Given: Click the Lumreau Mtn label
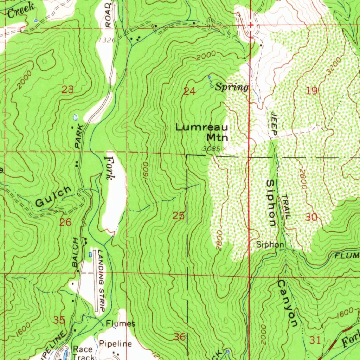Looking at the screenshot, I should (202, 132).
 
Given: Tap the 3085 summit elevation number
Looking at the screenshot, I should (211, 149).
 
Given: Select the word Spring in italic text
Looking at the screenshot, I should (232, 87).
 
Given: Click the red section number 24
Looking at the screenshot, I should (189, 92).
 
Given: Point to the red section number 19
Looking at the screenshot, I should (312, 91).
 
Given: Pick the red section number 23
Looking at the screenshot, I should (67, 90).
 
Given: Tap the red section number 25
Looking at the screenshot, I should (179, 216).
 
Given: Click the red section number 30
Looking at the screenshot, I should (311, 217).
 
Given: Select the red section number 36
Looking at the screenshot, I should (180, 337).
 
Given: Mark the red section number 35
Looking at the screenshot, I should (59, 320).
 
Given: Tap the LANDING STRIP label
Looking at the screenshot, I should (102, 281).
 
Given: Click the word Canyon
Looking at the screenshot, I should (286, 303).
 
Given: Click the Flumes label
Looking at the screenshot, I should (121, 323).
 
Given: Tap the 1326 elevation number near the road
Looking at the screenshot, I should (107, 40).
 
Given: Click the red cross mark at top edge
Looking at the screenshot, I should (250, 25).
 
